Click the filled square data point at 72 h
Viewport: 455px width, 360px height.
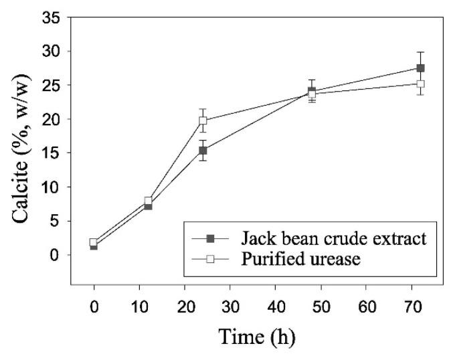(x=421, y=68)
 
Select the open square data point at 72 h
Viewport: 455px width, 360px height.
(x=421, y=84)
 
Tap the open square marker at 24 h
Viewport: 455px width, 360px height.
(x=203, y=121)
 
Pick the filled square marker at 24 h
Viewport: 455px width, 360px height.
(x=203, y=151)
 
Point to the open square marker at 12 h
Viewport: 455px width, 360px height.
(x=149, y=201)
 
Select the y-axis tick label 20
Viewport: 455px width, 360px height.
(x=53, y=119)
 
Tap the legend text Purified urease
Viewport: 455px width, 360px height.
(x=300, y=259)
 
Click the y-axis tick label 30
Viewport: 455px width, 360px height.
(x=53, y=51)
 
